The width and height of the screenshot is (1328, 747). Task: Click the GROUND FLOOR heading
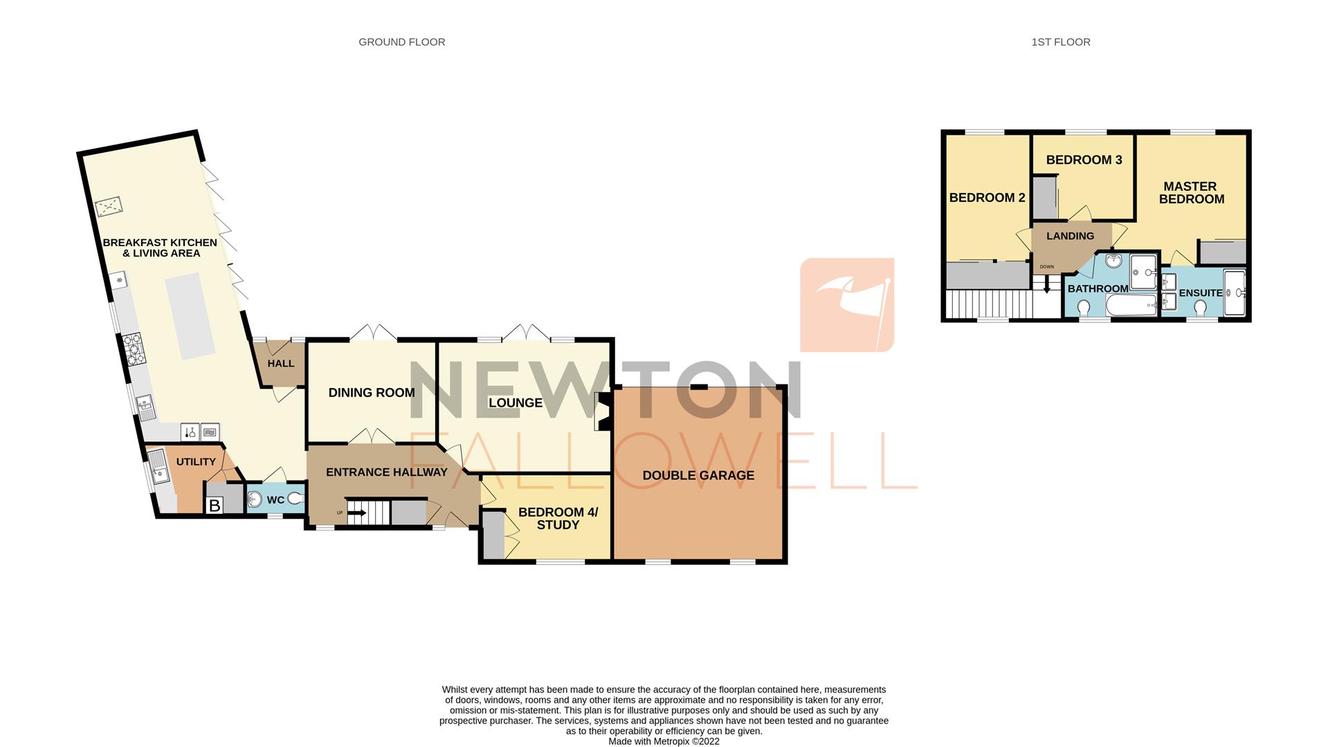point(401,42)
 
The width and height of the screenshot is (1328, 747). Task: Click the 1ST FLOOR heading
point(1060,42)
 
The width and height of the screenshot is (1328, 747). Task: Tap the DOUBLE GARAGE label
point(698,475)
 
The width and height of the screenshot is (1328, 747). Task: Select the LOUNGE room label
point(515,403)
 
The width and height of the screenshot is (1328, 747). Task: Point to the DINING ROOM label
point(371,392)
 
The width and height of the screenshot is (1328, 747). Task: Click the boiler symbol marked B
point(215,506)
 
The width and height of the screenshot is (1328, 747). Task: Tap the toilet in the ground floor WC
point(295,499)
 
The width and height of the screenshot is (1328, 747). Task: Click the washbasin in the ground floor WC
point(255,499)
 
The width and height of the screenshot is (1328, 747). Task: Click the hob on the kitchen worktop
point(132,348)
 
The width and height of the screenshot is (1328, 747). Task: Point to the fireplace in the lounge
point(601,412)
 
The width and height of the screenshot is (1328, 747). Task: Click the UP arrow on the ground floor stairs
point(356,513)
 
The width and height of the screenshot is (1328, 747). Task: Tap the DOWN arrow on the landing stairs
point(1046,283)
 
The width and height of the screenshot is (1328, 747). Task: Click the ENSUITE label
point(1200,293)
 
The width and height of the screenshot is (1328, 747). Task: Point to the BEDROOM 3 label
point(1083,160)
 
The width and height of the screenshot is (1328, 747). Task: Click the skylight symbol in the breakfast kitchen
point(109,207)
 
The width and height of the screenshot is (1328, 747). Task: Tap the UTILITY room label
point(195,461)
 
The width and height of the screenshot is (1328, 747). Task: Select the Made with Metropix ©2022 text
point(663,741)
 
